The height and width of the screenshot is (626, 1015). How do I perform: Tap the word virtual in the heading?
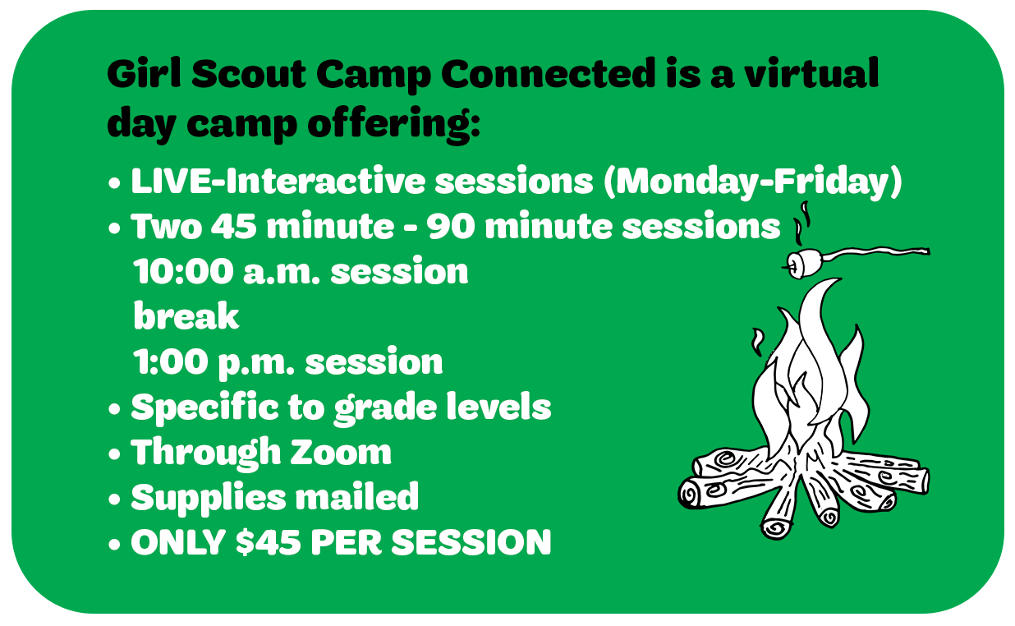point(812,72)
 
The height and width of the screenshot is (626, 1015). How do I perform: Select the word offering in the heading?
point(393,124)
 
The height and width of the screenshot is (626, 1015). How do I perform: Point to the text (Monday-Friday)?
point(753,182)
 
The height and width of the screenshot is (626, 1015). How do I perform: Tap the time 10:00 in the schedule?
point(183,272)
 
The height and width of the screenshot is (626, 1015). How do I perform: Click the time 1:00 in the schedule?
point(170,361)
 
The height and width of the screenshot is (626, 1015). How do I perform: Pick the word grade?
point(385,409)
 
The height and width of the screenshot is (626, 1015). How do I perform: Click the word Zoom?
point(341,452)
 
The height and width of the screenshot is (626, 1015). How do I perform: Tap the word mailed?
point(357,496)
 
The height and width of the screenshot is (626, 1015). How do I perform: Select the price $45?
point(269,541)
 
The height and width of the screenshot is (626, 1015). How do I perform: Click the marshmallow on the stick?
point(801,263)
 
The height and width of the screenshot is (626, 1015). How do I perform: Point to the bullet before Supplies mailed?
point(114,499)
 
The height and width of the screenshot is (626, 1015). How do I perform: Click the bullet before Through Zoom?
point(114,454)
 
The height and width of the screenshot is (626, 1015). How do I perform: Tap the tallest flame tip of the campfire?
point(838,279)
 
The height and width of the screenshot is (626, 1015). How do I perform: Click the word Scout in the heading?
point(248,73)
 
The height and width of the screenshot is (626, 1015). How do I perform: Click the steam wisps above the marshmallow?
point(801,223)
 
